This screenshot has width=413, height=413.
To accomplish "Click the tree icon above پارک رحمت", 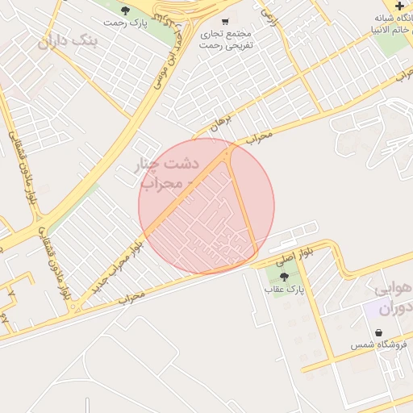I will [125, 10].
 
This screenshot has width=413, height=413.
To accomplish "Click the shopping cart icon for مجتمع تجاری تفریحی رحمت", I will [224, 21].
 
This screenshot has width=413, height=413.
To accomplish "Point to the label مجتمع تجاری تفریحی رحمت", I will [227, 40].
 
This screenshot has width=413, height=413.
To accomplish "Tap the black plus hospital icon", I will [399, 6].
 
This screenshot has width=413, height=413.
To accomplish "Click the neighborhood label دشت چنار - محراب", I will [169, 173].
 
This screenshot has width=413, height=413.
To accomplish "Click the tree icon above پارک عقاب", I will [283, 277].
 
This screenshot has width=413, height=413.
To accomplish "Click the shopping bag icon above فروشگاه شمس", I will [378, 332].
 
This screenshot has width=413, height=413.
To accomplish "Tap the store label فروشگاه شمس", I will [379, 345].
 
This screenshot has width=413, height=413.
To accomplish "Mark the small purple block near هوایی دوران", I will [373, 308].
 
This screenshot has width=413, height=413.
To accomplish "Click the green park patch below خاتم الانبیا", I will [394, 44].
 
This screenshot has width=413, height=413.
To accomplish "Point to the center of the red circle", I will [206, 206].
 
